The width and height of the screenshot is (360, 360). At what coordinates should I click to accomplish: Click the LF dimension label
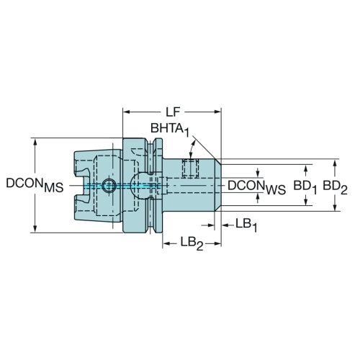[173, 112]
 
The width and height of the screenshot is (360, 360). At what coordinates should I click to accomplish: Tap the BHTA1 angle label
[170, 129]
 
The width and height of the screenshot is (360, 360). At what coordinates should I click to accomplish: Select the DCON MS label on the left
[35, 185]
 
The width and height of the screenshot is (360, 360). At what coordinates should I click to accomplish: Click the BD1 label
[305, 186]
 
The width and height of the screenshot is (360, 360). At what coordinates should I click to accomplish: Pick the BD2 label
[335, 186]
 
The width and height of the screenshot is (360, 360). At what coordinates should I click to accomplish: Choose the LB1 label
[246, 225]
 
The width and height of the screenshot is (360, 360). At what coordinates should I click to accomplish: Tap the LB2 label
[192, 244]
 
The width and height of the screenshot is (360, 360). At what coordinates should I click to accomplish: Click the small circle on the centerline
[109, 186]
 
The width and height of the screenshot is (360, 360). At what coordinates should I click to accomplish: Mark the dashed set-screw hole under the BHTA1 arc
[191, 168]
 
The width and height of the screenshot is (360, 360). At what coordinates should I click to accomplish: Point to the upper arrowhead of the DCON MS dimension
[35, 142]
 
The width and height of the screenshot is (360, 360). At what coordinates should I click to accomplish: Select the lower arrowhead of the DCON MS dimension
[35, 229]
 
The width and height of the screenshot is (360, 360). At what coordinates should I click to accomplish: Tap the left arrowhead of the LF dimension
[127, 112]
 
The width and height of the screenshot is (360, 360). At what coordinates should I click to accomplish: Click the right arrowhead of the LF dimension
[217, 112]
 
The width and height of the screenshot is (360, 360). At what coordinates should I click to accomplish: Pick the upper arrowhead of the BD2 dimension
[336, 163]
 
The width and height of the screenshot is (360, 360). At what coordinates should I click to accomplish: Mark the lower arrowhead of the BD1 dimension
[305, 202]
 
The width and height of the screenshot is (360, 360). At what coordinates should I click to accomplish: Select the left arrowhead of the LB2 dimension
[166, 244]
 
